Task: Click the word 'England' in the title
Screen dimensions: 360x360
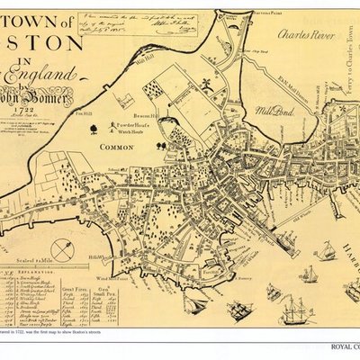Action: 36,75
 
